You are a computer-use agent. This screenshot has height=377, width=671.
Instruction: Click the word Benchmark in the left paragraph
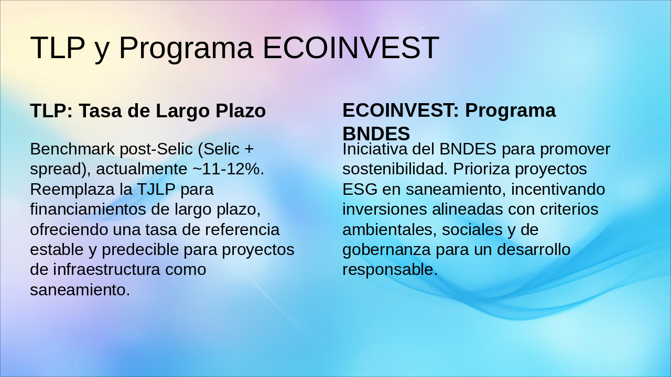coord(72,149)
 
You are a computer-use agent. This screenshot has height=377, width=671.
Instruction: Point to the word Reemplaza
coord(81,190)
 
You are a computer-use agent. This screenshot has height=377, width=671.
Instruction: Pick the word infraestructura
coord(106,269)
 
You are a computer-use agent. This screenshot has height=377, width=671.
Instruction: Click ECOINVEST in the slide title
coord(351,48)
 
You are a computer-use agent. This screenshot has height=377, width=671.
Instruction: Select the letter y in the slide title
coord(101,51)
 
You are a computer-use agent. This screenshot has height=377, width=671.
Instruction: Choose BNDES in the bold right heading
coord(376,134)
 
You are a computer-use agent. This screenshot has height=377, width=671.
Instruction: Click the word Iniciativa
coord(375,149)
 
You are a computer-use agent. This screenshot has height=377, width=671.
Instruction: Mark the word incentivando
coord(558,190)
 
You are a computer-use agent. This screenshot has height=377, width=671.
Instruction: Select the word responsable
coord(390,270)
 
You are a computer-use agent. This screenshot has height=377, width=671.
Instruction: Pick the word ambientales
coord(389,230)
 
